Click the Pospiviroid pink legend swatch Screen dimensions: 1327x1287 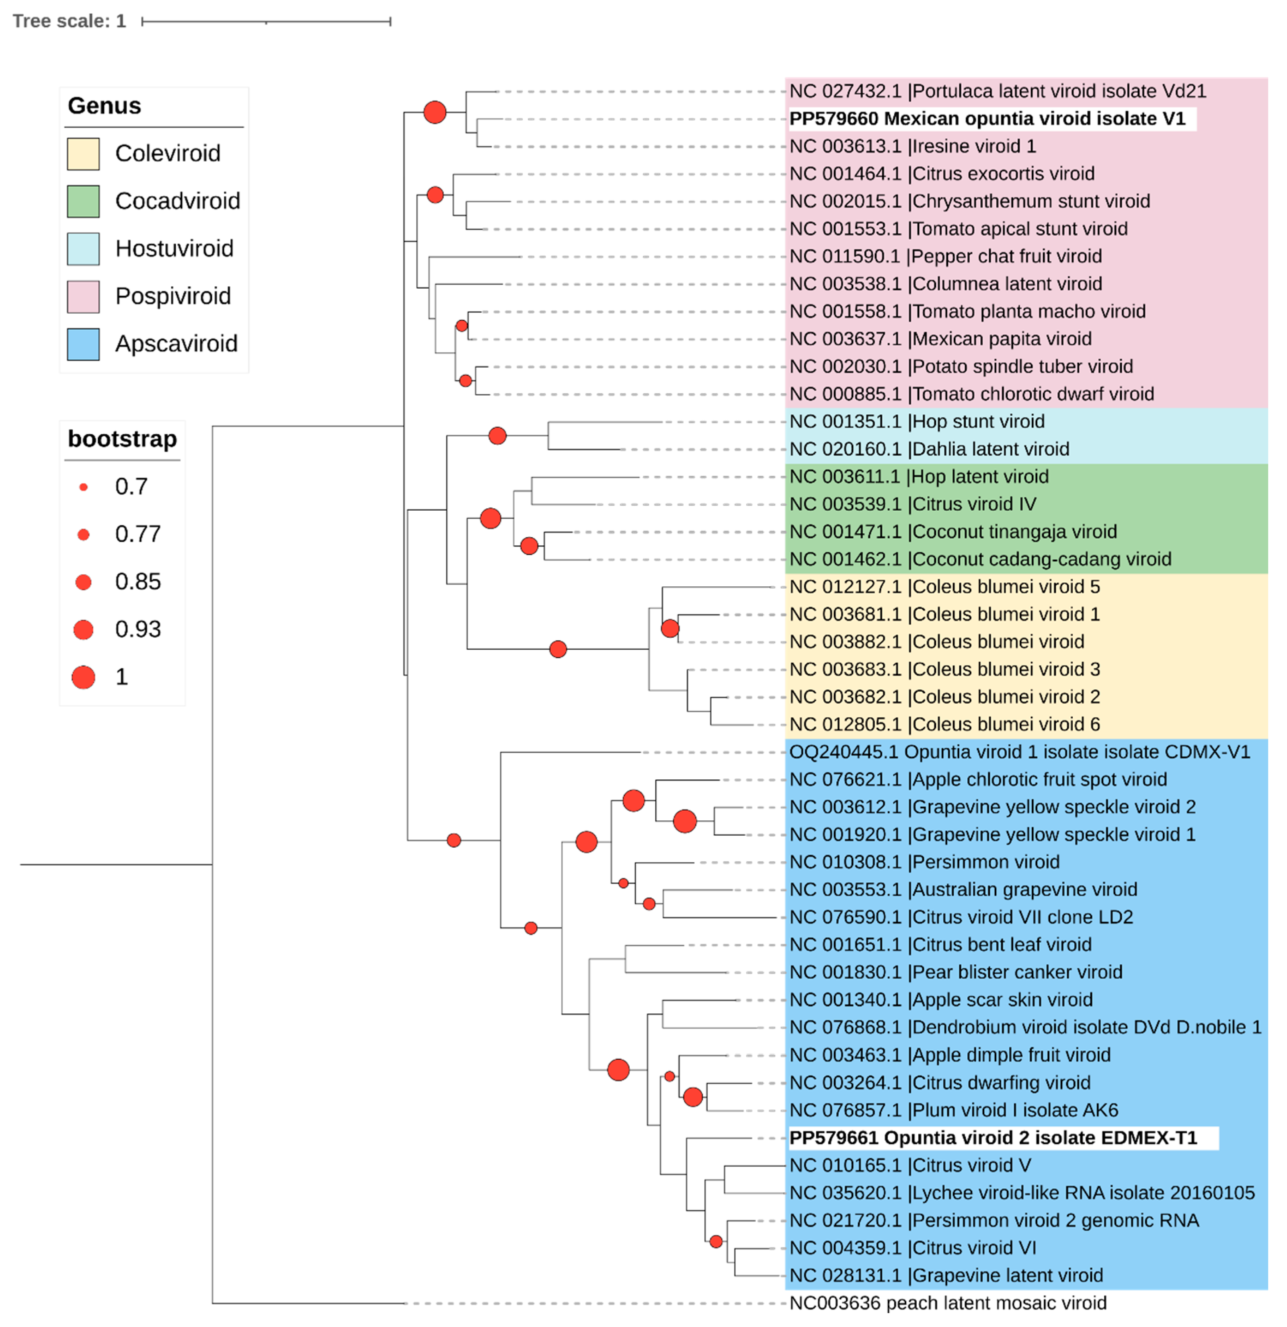(x=83, y=296)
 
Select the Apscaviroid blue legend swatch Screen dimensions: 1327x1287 (x=83, y=344)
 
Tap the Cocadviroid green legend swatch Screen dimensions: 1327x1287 (x=83, y=201)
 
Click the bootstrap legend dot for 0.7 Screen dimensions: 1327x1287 (x=83, y=487)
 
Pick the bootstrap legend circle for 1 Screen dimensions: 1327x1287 (x=83, y=677)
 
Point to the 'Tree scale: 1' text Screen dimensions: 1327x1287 (x=69, y=21)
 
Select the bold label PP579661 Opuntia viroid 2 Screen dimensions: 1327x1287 (x=993, y=1138)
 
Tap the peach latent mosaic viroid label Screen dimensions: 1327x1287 (x=947, y=1302)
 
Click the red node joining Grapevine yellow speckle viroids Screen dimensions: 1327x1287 (x=684, y=821)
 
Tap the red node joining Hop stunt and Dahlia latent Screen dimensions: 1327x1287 (x=498, y=435)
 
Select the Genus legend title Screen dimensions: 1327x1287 (x=104, y=106)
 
